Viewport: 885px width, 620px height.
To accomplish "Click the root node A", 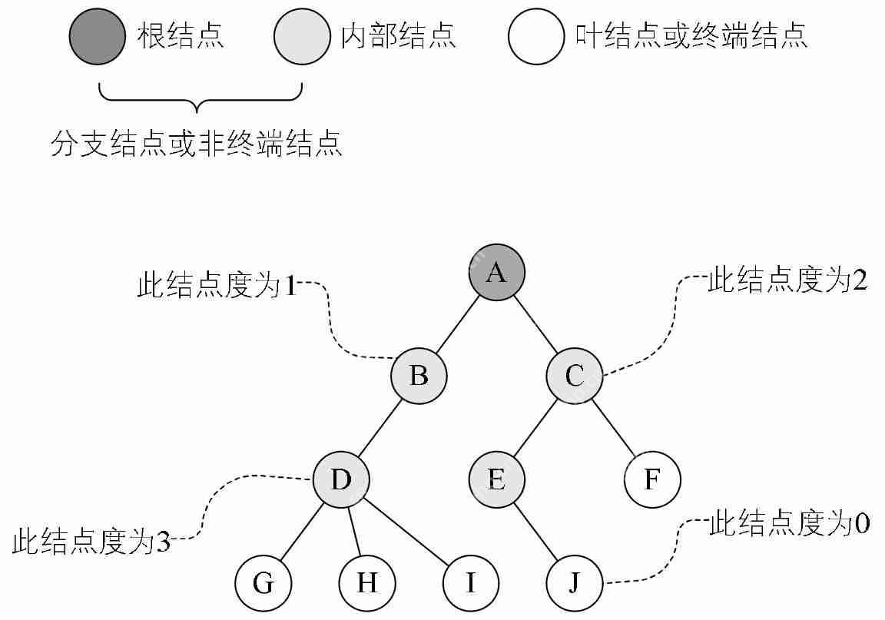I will click(497, 273).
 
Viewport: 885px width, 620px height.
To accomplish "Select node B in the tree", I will click(419, 376).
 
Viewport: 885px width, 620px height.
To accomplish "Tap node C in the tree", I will click(575, 376).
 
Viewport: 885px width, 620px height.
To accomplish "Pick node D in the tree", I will click(341, 481).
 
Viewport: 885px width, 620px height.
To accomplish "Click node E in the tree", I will click(497, 481).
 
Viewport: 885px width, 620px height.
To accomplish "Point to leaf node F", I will click(652, 481).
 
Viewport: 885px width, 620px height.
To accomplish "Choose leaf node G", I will click(264, 584).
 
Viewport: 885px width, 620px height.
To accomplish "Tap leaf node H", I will click(367, 584).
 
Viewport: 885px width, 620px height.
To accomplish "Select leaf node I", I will click(471, 584).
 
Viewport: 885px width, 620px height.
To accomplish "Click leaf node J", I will click(575, 584).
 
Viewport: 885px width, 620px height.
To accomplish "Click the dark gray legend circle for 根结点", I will click(98, 37).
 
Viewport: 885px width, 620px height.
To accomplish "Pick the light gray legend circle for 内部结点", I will click(302, 37).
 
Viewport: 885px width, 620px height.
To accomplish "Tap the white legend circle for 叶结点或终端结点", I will click(536, 37).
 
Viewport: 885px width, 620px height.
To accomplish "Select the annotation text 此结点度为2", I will click(787, 281).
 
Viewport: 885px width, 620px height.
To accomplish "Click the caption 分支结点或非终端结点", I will click(196, 144).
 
